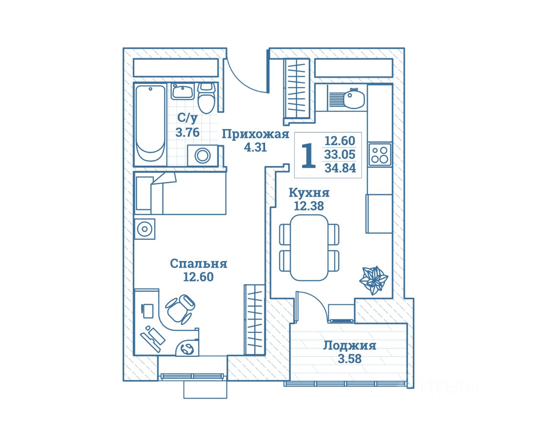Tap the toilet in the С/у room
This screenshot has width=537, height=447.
pyautogui.click(x=206, y=98)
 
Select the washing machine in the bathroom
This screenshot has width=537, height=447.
pyautogui.click(x=203, y=155)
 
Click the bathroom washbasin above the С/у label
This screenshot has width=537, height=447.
pyautogui.click(x=182, y=91)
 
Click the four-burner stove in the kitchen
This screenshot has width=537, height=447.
pyautogui.click(x=380, y=154)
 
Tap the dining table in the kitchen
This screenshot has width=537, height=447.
pyautogui.click(x=309, y=247)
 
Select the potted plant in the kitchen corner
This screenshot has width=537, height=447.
pyautogui.click(x=373, y=279)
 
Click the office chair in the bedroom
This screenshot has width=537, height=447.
pyautogui.click(x=180, y=308)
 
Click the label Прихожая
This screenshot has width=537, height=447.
pyautogui.click(x=255, y=134)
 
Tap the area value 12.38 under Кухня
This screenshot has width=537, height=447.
pyautogui.click(x=309, y=206)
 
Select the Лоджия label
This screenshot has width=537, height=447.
pyautogui.click(x=349, y=346)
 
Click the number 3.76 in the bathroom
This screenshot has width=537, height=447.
pyautogui.click(x=187, y=133)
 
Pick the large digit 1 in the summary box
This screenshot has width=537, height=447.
pyautogui.click(x=309, y=156)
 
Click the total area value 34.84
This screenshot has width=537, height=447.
pyautogui.click(x=340, y=168)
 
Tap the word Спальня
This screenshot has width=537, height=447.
pyautogui.click(x=198, y=264)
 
